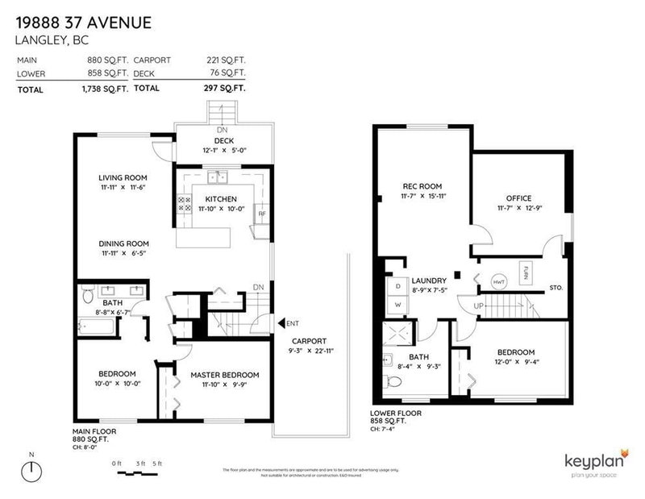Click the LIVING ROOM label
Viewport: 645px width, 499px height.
pos(123,177)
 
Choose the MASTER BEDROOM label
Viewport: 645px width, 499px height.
pos(225,375)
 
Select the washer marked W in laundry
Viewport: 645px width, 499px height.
pos(397,305)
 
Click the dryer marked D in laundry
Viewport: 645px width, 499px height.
pos(397,285)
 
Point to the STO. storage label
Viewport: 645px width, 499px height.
pos(556,287)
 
